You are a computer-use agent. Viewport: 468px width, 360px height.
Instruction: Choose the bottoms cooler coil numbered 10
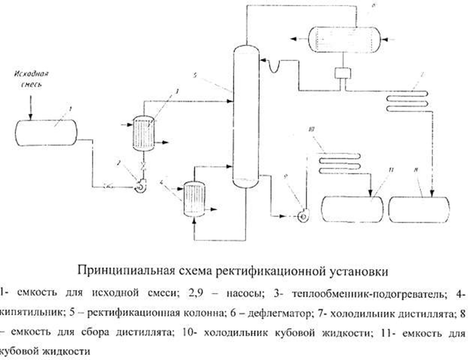(x=338, y=160)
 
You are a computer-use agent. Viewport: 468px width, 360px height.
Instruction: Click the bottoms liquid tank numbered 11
(x=352, y=209)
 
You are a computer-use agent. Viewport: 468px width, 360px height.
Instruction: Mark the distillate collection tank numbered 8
(x=419, y=209)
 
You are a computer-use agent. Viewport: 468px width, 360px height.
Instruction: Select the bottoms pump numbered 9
(x=302, y=216)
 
